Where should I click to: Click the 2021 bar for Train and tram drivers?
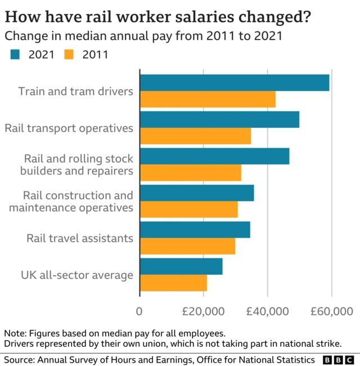[x=234, y=83]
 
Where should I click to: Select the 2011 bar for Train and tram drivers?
[x=208, y=100]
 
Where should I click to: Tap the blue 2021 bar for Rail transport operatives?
[x=219, y=119]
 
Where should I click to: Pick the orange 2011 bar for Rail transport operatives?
[x=195, y=136]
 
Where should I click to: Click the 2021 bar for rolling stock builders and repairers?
[x=214, y=156]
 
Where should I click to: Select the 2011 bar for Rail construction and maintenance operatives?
[x=188, y=209]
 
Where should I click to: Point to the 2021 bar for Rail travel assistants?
[x=195, y=230]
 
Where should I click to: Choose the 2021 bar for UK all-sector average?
[x=181, y=266]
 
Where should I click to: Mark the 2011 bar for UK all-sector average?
[x=173, y=283]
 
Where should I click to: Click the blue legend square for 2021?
[x=14, y=55]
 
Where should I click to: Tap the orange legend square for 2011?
[x=69, y=55]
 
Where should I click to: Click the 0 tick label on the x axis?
[x=139, y=312]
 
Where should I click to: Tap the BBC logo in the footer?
[x=338, y=359]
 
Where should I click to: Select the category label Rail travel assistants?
[x=79, y=238]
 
